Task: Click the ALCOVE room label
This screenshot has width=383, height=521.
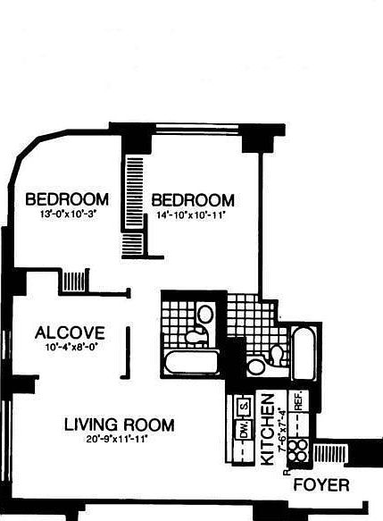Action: point(70,333)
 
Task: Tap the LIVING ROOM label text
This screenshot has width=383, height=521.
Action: point(119,425)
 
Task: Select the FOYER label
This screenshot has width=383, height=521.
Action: point(321,486)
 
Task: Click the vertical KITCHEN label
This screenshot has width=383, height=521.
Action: point(266,430)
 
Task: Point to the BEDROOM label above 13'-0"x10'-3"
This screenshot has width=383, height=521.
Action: point(67,198)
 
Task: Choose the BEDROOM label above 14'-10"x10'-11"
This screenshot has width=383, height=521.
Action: point(192,200)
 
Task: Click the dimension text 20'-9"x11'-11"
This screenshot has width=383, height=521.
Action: point(118,439)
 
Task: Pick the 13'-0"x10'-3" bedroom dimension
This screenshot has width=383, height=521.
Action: point(67,214)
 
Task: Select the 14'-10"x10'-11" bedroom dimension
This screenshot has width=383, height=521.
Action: point(193,214)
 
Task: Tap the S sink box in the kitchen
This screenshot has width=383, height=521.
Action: point(241,408)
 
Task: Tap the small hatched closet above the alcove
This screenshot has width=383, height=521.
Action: point(73,281)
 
